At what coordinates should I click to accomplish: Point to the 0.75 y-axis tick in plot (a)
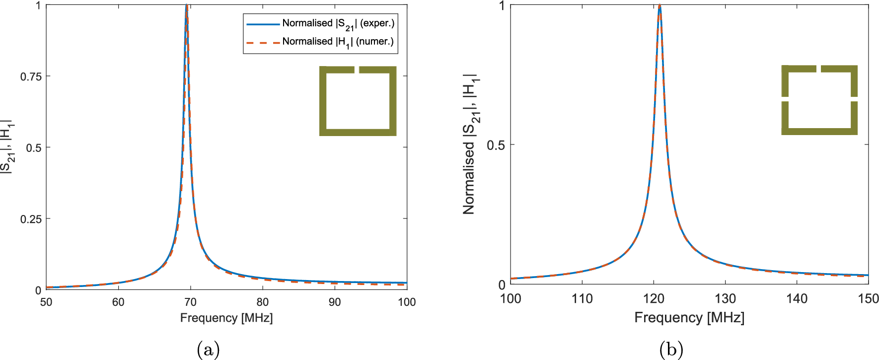[31, 76]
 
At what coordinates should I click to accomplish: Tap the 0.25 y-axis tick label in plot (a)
[31, 219]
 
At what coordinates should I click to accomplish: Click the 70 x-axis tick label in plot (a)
[190, 302]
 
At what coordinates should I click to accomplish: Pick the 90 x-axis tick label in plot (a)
[335, 302]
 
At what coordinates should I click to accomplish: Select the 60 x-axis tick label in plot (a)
[118, 302]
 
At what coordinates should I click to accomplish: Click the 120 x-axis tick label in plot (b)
[654, 298]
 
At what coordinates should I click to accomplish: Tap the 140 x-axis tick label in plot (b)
[797, 298]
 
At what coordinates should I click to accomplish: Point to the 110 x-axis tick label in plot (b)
[582, 298]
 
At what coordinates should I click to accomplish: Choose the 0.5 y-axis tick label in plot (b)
[496, 145]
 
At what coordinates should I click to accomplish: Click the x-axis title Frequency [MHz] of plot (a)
[226, 318]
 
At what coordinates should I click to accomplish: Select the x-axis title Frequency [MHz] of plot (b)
[689, 318]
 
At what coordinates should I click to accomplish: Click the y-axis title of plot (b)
[470, 144]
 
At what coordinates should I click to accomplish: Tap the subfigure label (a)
[208, 350]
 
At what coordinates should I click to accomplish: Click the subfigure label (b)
[671, 350]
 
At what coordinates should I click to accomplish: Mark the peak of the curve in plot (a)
[186, 6]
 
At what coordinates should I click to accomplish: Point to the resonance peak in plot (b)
[659, 6]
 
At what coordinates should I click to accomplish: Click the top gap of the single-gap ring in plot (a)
[357, 70]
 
